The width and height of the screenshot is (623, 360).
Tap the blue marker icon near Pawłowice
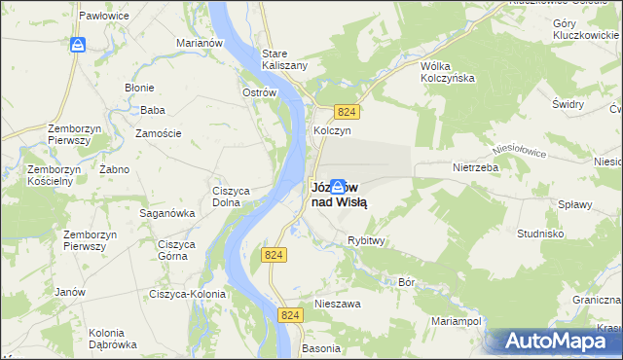coord(78,45)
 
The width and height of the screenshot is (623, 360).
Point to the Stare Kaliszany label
coord(284,58)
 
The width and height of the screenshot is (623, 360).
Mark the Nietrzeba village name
coord(475,166)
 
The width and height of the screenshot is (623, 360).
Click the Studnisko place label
coord(542,234)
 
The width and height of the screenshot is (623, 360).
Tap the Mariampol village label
coord(457,319)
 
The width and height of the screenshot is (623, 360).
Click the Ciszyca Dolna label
coord(233,197)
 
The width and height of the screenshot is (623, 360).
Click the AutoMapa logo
coord(558,342)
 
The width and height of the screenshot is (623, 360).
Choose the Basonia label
coord(321,347)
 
